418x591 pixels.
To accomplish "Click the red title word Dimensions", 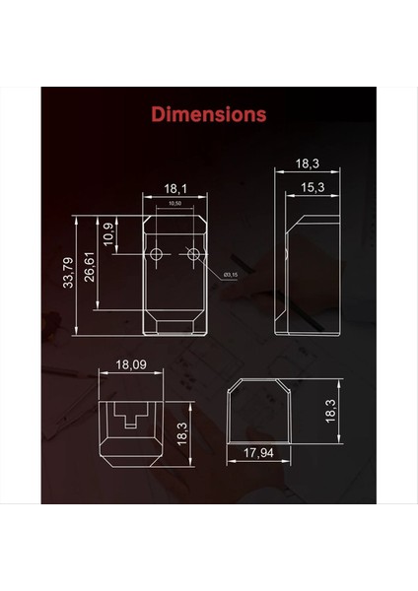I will pos(208,114).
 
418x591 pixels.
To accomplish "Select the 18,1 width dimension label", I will pos(175,187).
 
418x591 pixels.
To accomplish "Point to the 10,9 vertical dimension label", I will pos(108,234).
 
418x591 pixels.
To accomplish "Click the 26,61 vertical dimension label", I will pos(91,265).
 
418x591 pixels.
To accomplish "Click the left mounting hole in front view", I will pos(156,255).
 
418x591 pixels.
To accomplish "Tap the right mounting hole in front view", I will pos(193,255).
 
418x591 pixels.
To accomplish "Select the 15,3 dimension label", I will pos(313,187).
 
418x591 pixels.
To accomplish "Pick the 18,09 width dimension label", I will pos(132,364).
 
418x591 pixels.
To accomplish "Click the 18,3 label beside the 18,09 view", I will pos(180,432).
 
